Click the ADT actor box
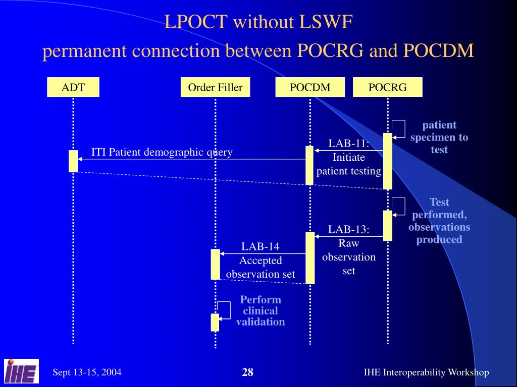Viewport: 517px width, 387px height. (73, 87)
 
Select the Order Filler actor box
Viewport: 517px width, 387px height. (215, 87)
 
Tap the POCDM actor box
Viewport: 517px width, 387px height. (310, 87)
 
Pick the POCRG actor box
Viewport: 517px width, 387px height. (387, 87)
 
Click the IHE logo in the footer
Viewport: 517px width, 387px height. (22, 371)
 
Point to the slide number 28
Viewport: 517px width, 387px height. (247, 372)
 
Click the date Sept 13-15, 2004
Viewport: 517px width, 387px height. (87, 372)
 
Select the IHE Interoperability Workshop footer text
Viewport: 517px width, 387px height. (426, 372)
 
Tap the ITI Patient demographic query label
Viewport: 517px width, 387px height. (162, 152)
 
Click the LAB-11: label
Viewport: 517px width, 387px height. (349, 144)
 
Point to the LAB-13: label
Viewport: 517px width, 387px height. (349, 230)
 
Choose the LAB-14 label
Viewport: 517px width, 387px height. (260, 246)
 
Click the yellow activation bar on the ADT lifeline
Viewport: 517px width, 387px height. (73, 161)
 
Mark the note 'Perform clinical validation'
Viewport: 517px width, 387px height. (261, 310)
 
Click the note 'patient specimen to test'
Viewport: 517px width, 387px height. (439, 137)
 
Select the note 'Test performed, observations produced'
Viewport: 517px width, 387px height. (439, 221)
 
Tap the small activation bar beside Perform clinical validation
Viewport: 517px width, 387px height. (215, 322)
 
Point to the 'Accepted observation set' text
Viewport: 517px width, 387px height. (261, 268)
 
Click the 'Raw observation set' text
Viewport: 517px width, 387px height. (349, 257)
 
